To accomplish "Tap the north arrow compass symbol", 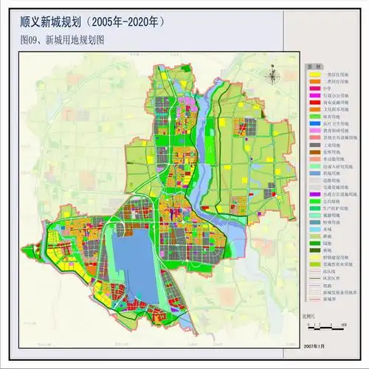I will coord(273,74).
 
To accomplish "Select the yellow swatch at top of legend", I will coord(314,75).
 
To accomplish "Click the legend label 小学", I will coord(330,92).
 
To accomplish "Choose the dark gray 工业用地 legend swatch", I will coord(314,146).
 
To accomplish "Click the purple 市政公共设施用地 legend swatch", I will coord(314,193).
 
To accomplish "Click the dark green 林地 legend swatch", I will coord(314,249).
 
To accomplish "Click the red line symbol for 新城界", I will coord(314,299).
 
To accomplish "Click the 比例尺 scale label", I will coord(309,316).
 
